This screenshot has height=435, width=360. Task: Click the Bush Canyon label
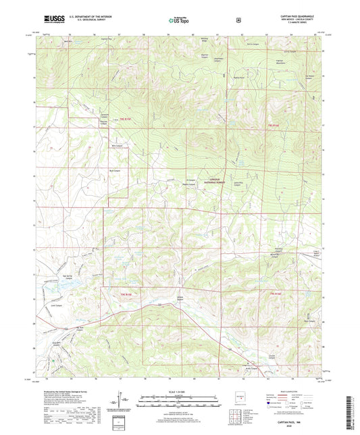pos(114,171)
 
